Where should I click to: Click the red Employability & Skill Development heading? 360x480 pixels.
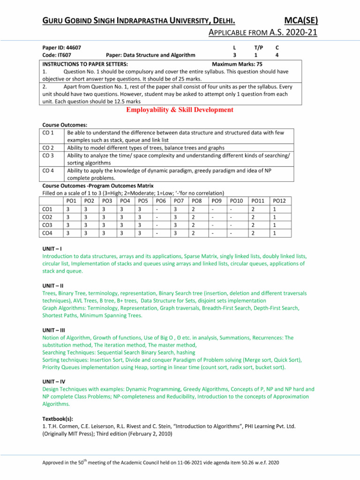coord(180,110)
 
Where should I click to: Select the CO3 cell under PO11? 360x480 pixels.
coord(254,225)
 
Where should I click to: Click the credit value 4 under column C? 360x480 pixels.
coord(277,55)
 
